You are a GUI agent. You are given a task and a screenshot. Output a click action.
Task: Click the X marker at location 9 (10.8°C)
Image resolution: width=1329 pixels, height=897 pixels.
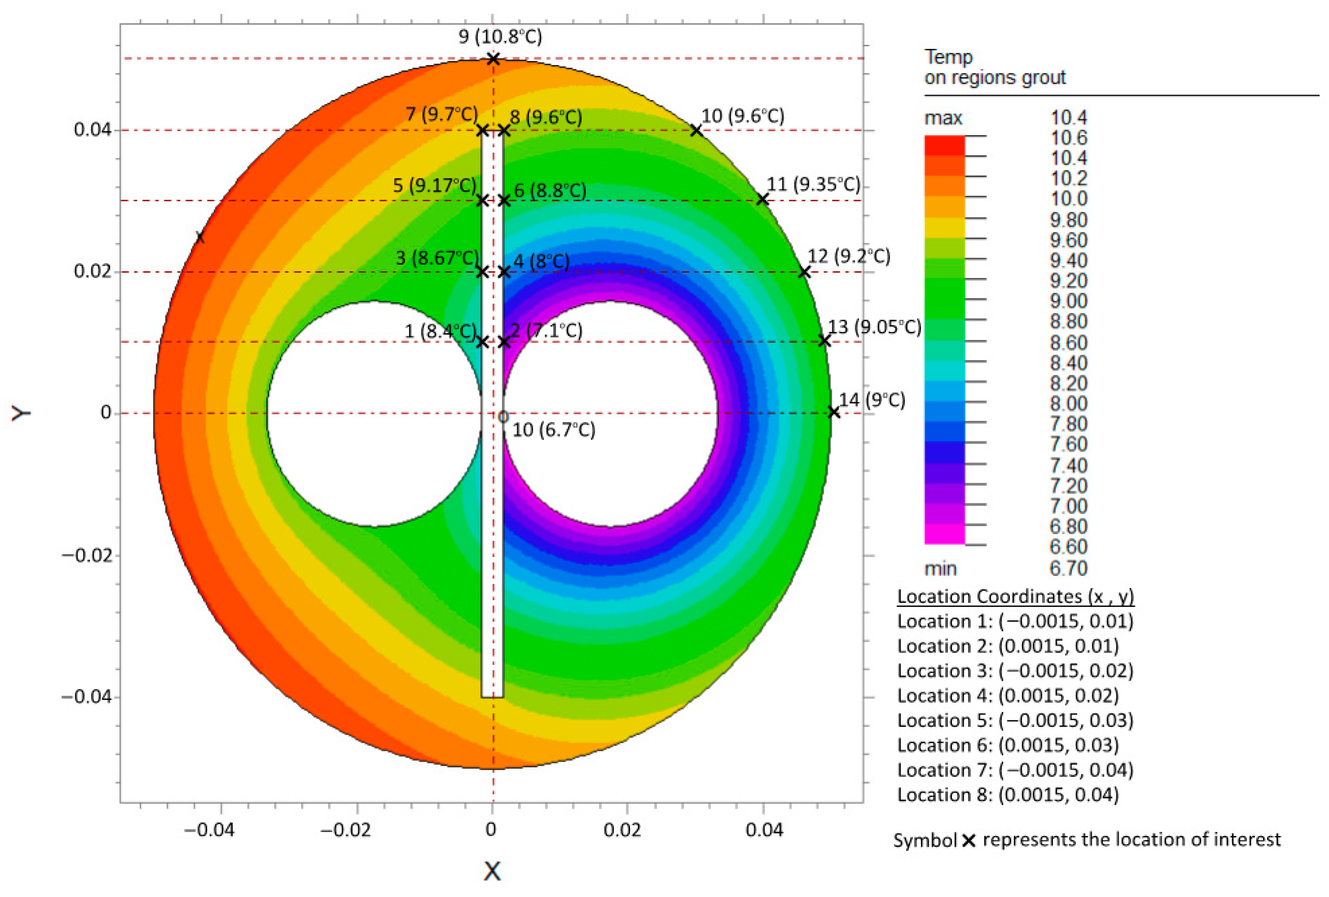pos(493,58)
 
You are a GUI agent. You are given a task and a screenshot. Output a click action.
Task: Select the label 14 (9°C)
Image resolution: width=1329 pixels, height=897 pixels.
pos(872,400)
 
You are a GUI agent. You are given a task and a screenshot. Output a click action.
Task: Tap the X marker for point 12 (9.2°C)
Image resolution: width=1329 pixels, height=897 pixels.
pos(804,272)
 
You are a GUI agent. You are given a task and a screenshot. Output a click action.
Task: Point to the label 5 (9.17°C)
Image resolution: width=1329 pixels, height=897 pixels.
pos(434,185)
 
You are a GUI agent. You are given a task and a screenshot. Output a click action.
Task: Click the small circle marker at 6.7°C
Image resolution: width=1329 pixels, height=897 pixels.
pos(503,417)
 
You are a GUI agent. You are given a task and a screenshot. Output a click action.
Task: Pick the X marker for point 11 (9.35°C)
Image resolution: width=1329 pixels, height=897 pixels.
pos(762,199)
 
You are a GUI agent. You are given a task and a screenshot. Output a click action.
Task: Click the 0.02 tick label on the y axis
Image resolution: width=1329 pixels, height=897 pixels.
pos(91,271)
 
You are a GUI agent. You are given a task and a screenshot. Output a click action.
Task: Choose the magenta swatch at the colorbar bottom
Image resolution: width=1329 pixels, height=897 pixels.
pos(944,534)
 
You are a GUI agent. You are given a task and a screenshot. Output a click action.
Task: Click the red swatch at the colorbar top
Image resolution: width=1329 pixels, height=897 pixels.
pos(944,145)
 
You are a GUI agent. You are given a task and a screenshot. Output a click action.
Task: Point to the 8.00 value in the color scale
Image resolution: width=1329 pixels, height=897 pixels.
pos(1068,403)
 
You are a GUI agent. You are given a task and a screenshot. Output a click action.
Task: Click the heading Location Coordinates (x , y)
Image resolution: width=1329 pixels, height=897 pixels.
pos(1015,597)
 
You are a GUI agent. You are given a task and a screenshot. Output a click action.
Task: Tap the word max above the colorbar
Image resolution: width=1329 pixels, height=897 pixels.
pos(943,118)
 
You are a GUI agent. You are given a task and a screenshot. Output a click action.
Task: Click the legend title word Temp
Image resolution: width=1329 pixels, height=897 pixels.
pos(948,57)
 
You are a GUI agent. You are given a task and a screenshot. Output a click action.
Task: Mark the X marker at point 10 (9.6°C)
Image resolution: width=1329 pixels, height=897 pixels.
pos(695,131)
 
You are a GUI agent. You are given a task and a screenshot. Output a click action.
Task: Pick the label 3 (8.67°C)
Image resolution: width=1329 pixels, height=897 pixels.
pos(437,258)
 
